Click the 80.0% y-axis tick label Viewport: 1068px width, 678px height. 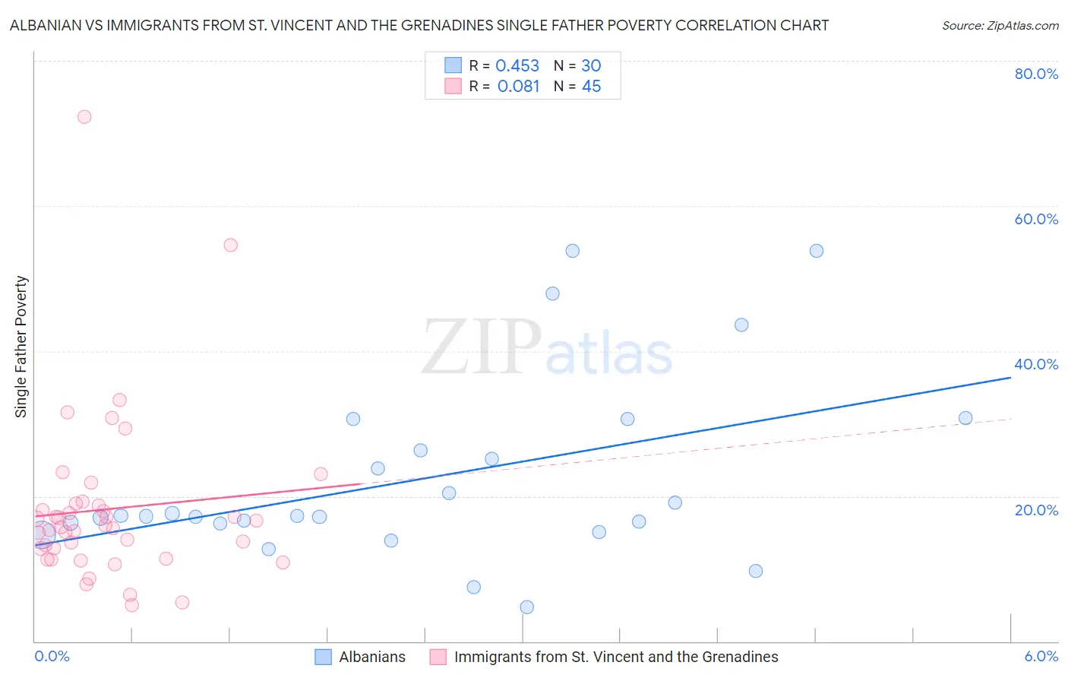[x=1036, y=74]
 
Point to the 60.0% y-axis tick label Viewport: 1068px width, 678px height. [x=1036, y=219]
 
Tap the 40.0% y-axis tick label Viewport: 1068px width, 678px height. [x=1036, y=364]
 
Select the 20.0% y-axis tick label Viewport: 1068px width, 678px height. [x=1036, y=509]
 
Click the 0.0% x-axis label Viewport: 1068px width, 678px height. [x=52, y=656]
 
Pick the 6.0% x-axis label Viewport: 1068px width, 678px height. [x=1041, y=656]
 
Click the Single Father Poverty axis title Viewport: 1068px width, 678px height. [x=21, y=347]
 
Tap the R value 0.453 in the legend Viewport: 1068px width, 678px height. [x=517, y=66]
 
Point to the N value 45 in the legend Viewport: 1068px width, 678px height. [x=591, y=87]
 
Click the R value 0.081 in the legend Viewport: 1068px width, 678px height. [x=518, y=87]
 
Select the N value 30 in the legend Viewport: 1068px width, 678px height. [x=591, y=66]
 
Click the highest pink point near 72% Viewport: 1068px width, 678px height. [x=84, y=117]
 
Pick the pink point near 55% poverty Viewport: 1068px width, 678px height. [x=231, y=245]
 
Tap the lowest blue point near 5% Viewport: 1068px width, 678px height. [x=527, y=607]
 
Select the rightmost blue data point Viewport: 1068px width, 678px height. [x=965, y=418]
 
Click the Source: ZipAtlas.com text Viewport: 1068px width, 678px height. [x=1000, y=26]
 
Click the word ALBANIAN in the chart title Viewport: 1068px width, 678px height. [x=46, y=26]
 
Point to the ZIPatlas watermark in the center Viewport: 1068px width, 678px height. [x=547, y=348]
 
